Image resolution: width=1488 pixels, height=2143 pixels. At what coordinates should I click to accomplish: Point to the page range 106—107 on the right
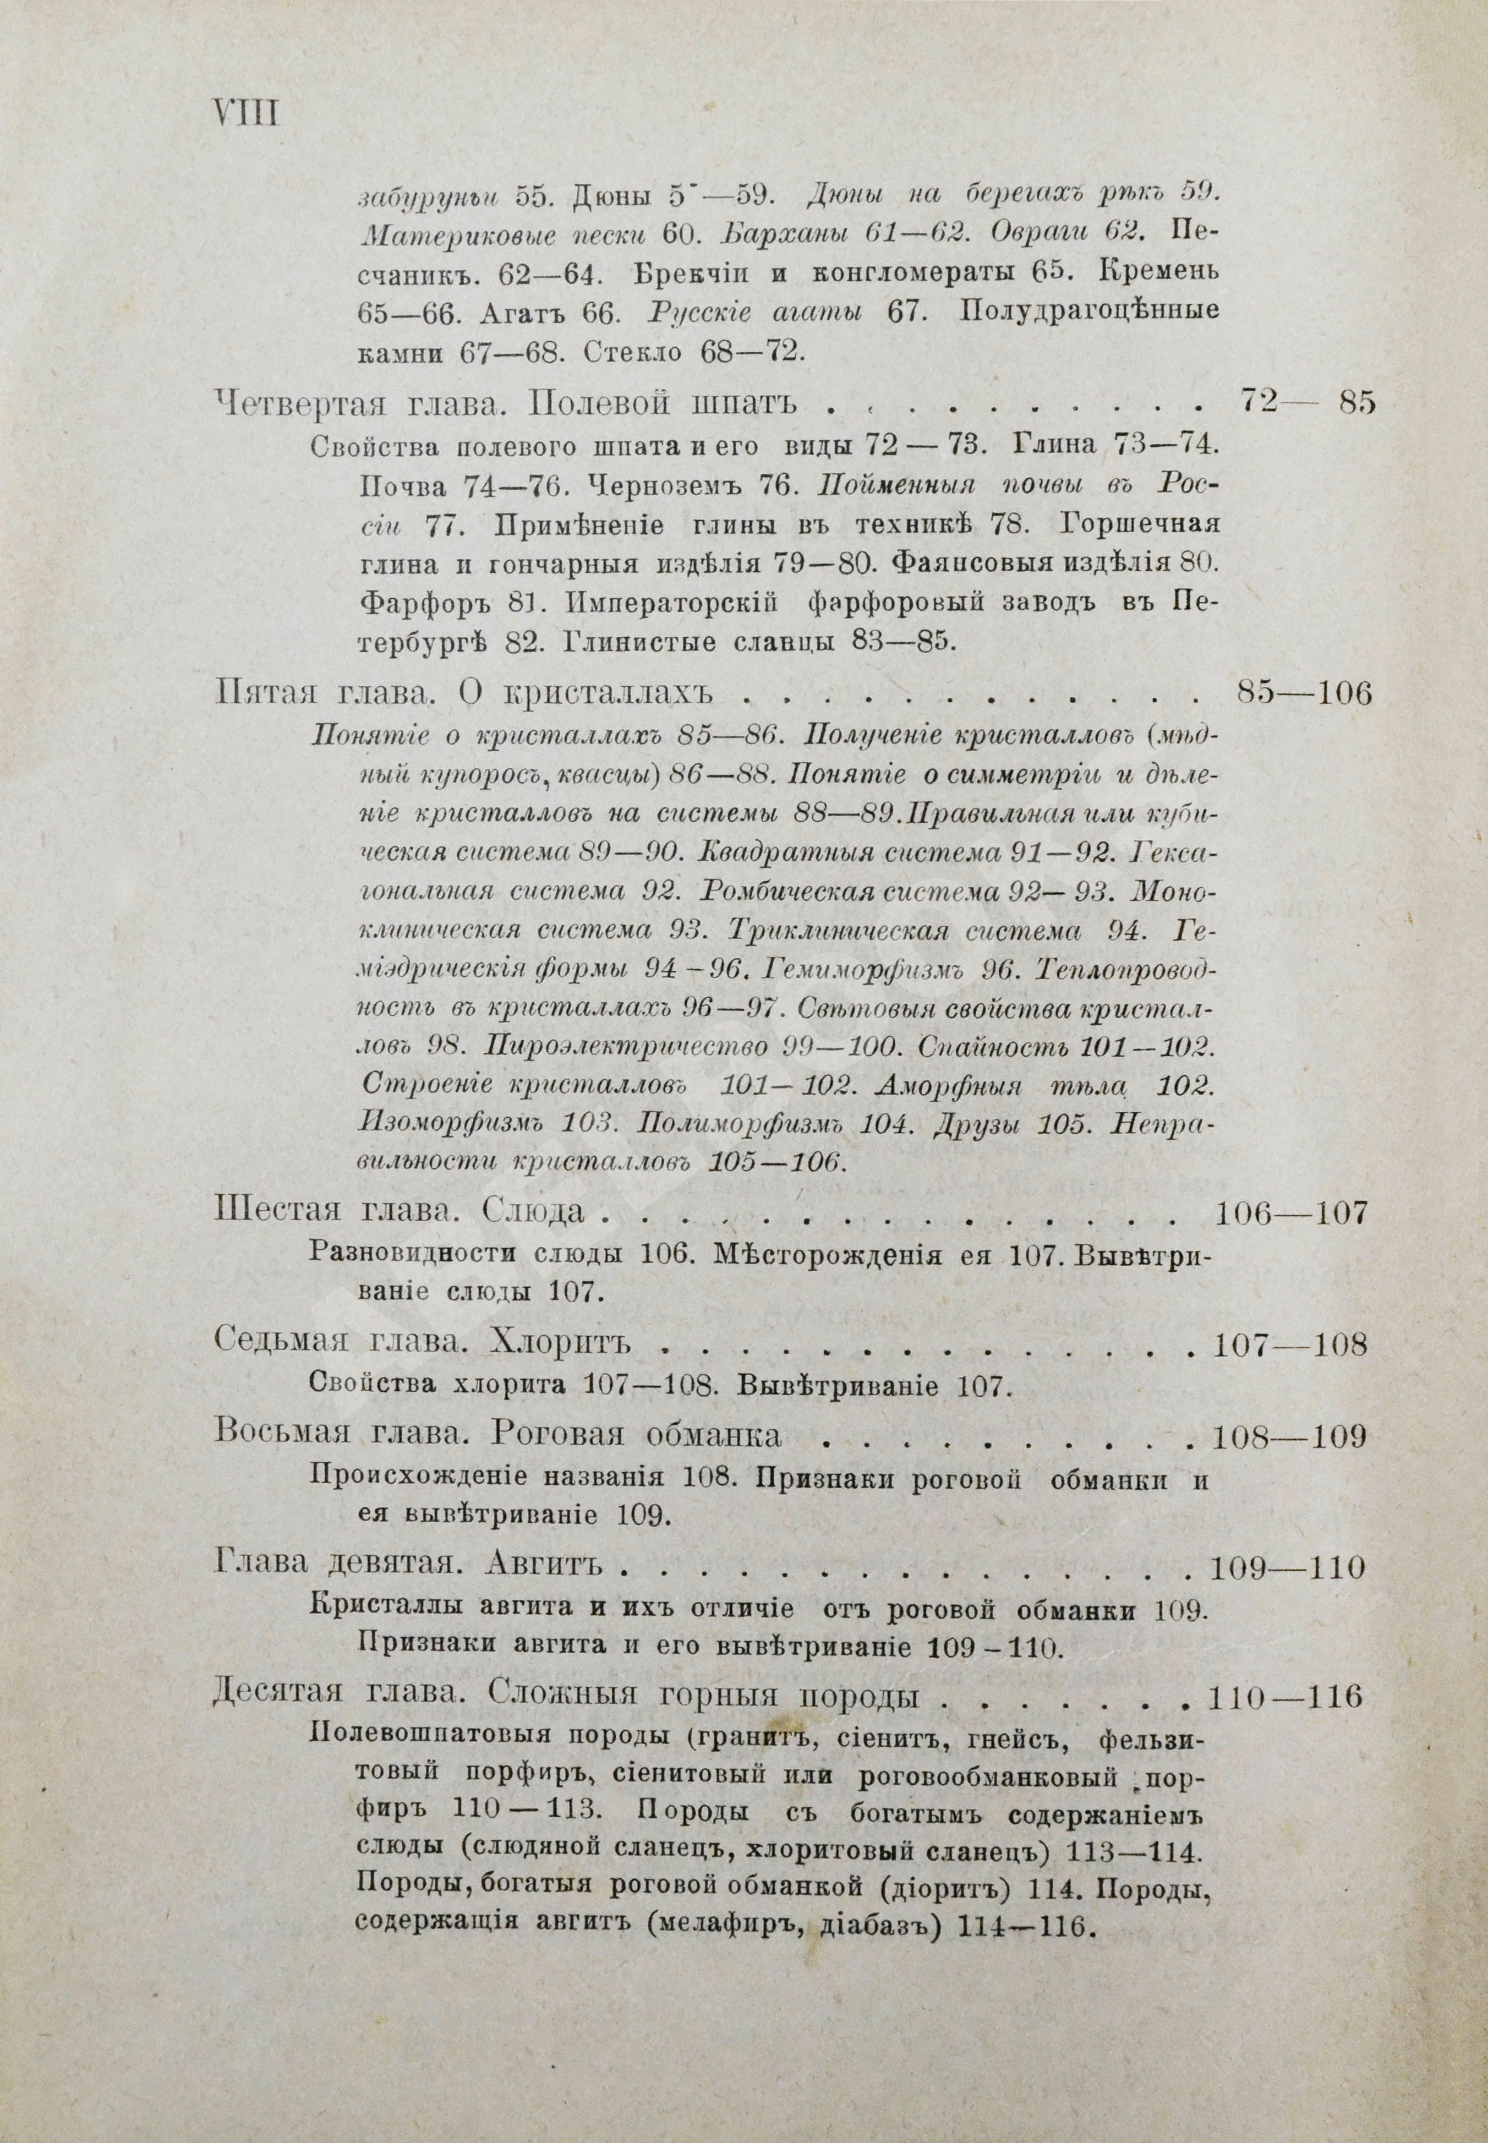[x=1292, y=1213]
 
